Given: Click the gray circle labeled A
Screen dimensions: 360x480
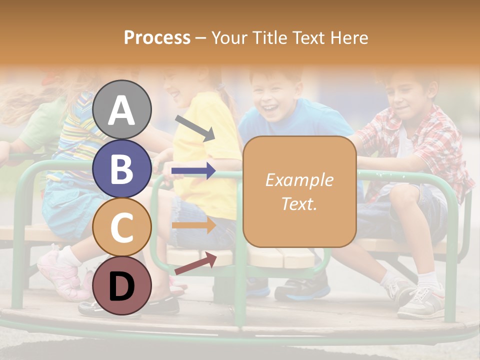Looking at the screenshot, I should pyautogui.click(x=122, y=110).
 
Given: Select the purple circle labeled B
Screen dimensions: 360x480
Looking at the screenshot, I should pyautogui.click(x=122, y=168).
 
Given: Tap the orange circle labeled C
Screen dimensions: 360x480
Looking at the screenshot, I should pyautogui.click(x=122, y=227).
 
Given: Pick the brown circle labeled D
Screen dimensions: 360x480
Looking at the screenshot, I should pyautogui.click(x=122, y=285).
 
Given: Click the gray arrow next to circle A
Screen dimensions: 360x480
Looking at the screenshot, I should pyautogui.click(x=195, y=128).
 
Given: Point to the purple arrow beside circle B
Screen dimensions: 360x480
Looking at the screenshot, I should pyautogui.click(x=193, y=171).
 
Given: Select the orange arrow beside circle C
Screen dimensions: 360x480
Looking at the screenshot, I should pyautogui.click(x=193, y=225).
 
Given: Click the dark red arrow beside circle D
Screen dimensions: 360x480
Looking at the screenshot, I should pyautogui.click(x=195, y=264).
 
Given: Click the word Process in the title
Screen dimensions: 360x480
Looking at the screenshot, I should pyautogui.click(x=157, y=38).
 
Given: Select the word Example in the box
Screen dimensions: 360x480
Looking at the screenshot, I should pyautogui.click(x=299, y=180).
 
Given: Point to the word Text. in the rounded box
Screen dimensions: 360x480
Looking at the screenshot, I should pyautogui.click(x=299, y=203).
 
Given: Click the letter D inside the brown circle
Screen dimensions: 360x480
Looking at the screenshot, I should pyautogui.click(x=122, y=286).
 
